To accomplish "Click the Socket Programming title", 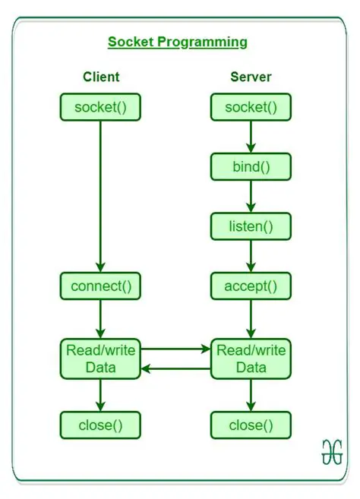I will click(177, 42).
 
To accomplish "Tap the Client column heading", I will click(101, 77).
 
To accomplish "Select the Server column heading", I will click(251, 77).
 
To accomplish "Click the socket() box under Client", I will click(101, 107).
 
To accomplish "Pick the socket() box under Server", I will click(251, 107).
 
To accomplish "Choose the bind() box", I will click(251, 166).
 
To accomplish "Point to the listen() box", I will click(251, 226).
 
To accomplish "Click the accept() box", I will click(251, 286).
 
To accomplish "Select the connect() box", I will click(101, 286).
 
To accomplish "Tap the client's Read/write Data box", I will click(101, 358).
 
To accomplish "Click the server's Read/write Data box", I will click(251, 358).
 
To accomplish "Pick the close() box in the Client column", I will click(101, 425).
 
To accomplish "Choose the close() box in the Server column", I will click(251, 425).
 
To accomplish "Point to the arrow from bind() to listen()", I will click(251, 196).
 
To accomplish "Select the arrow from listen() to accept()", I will click(251, 256).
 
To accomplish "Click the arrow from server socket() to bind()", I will click(251, 136).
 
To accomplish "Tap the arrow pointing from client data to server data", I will click(176, 349).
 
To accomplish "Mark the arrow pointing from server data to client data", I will click(176, 368).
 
